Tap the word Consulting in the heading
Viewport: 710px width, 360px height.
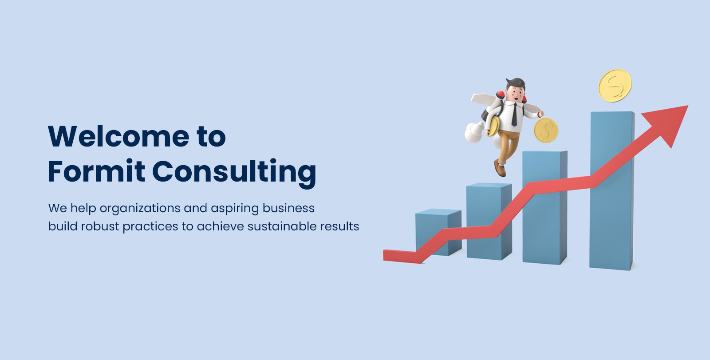(234, 172)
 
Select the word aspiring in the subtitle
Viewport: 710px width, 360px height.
(235, 209)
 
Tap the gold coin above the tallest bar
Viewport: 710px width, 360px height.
(615, 85)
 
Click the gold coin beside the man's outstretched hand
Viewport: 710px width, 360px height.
(545, 131)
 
